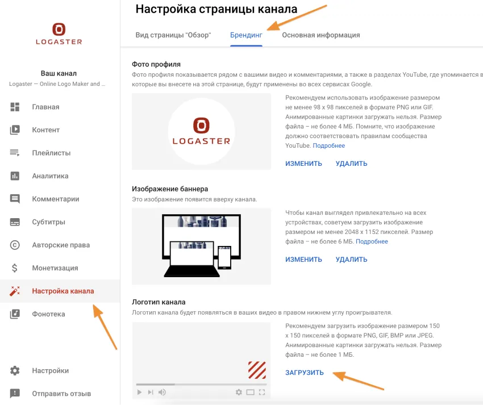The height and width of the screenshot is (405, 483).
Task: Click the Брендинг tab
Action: (246, 35)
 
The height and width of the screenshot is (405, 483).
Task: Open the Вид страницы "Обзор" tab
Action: (173, 35)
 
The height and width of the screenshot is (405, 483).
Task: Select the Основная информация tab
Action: (321, 35)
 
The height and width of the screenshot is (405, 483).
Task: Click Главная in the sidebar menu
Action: (45, 107)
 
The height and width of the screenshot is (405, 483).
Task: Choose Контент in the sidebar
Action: (45, 130)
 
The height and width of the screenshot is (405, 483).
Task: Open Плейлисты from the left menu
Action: (51, 153)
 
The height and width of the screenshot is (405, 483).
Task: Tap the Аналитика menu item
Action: (50, 176)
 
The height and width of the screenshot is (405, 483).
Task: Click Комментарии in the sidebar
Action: (55, 199)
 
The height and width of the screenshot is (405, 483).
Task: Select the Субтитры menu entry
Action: (48, 222)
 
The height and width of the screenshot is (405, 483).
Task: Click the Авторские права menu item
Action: (61, 245)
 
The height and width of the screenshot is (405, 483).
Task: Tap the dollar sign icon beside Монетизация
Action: (15, 268)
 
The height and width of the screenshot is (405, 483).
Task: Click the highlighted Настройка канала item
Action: (63, 291)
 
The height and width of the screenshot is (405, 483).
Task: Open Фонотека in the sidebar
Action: (48, 314)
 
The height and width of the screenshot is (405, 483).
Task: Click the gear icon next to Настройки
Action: (15, 370)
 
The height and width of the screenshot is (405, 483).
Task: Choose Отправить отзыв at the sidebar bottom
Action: (61, 393)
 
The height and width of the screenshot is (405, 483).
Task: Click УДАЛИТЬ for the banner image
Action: (351, 260)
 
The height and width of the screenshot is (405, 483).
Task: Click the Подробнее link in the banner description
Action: (372, 241)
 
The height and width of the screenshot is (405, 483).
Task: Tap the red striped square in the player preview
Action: (257, 370)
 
